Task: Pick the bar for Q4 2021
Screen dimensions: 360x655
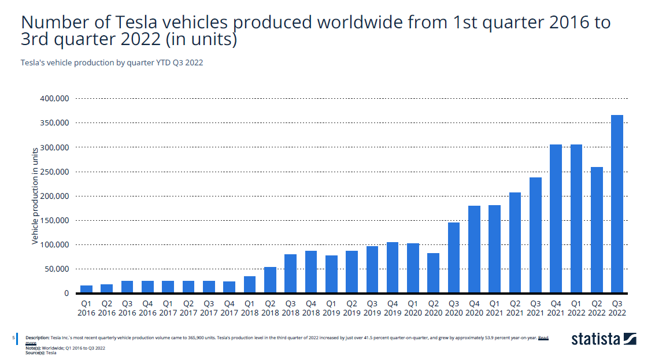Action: [x=556, y=219]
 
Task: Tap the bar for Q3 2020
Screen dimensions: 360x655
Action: [x=454, y=258]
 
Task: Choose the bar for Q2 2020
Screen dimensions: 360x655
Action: [x=434, y=273]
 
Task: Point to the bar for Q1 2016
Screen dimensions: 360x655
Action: [x=86, y=290]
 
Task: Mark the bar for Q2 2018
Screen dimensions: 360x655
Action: [x=270, y=280]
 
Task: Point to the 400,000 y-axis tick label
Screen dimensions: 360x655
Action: [x=54, y=99]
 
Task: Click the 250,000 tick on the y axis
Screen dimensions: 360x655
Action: [x=54, y=172]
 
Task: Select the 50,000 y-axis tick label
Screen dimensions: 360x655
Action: [x=57, y=269]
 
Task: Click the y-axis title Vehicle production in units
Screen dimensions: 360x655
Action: [x=35, y=196]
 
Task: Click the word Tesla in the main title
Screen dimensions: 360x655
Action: [x=140, y=23]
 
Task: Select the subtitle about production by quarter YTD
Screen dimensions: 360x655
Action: [x=112, y=62]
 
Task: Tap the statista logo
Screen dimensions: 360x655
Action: [x=604, y=339]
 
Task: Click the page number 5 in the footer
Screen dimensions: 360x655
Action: [x=14, y=337]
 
